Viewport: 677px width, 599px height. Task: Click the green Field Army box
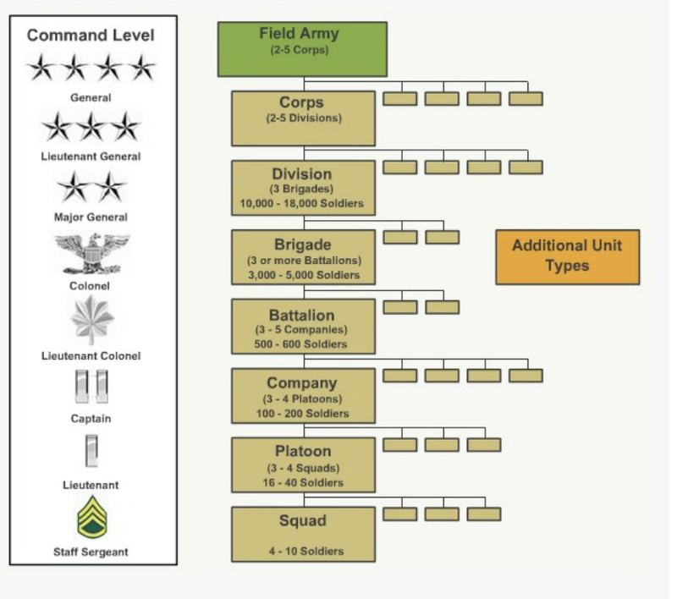(302, 49)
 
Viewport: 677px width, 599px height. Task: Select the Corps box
(303, 118)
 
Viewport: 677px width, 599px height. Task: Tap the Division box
(303, 188)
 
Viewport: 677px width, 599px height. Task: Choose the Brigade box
(303, 256)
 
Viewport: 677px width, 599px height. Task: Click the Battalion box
(303, 326)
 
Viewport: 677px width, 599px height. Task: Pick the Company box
(303, 395)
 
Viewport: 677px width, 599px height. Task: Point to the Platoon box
(303, 464)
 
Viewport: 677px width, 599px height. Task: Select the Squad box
(303, 534)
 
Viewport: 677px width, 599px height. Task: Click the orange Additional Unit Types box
(567, 256)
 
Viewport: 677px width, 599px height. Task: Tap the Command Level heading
(91, 36)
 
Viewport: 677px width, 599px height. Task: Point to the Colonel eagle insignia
(91, 254)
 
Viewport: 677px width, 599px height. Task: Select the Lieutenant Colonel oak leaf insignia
(91, 321)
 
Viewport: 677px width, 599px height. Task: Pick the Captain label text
(91, 419)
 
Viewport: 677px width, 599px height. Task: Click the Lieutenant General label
(91, 157)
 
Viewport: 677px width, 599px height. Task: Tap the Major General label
(91, 217)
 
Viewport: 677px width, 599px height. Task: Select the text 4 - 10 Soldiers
(303, 552)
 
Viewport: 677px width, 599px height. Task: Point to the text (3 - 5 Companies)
(303, 330)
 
